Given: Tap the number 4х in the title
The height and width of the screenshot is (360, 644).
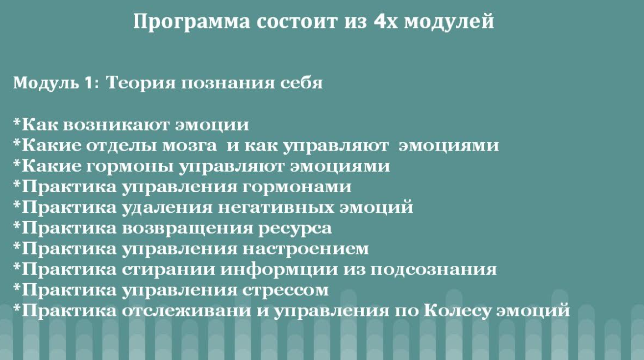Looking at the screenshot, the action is [x=386, y=21].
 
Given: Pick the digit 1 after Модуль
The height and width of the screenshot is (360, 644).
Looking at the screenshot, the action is [x=88, y=83].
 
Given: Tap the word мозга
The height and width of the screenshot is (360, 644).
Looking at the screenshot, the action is [x=190, y=146].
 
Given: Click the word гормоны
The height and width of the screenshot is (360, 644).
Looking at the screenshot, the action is [x=130, y=167].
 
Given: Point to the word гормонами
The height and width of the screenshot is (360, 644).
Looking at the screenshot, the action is [x=297, y=187].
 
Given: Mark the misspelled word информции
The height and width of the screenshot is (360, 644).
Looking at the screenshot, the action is [x=279, y=270].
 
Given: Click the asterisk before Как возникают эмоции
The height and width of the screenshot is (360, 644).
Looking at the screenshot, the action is [x=17, y=122].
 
